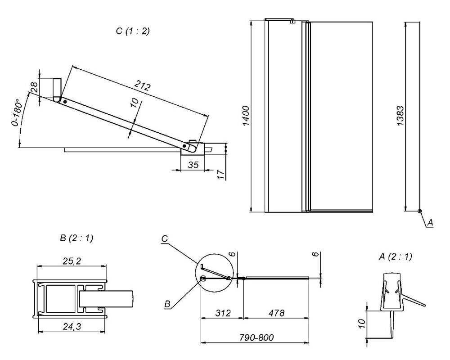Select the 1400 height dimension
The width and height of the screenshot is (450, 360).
pos(246,116)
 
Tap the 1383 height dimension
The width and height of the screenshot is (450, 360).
pos(401,116)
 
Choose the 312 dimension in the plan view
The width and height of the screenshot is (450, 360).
pos(223,313)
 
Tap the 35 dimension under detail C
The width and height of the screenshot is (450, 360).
pos(193,165)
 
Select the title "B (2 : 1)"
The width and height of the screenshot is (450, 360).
pos(76,238)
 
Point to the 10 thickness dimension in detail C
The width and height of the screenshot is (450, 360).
pos(133,103)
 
